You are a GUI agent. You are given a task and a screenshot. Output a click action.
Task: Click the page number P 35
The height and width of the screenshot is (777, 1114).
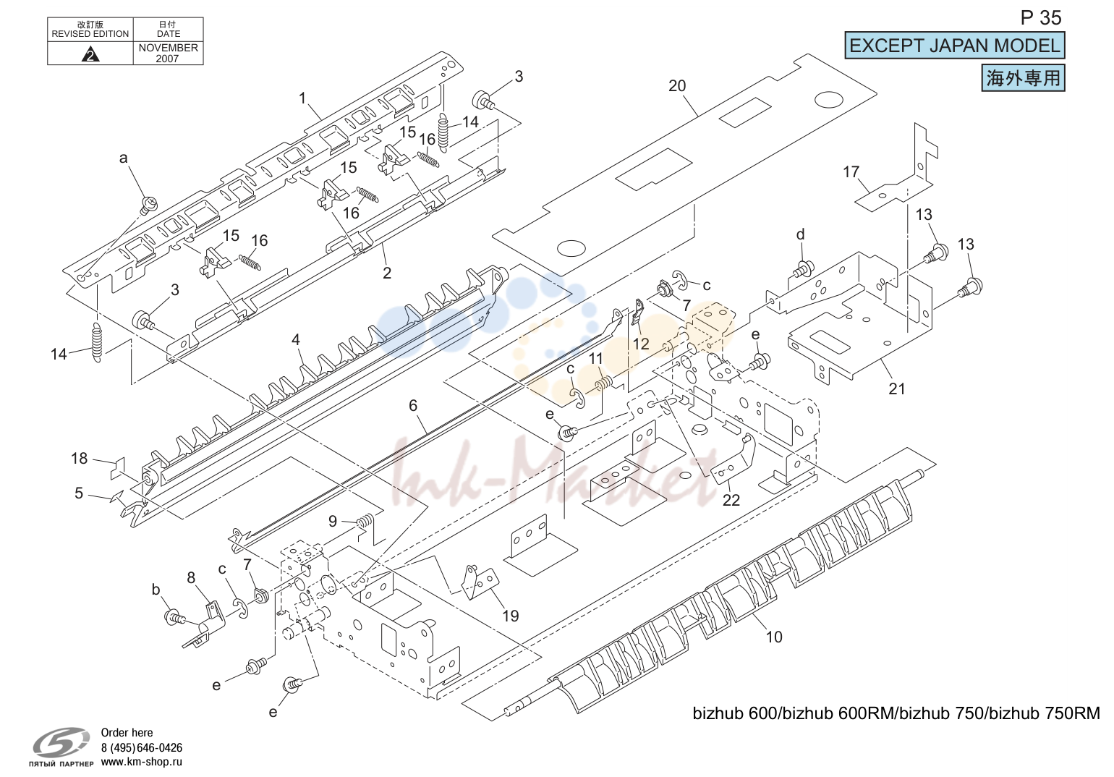[x=1040, y=18]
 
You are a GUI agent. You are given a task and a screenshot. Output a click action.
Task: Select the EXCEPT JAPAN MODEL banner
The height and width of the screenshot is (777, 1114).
[x=954, y=46]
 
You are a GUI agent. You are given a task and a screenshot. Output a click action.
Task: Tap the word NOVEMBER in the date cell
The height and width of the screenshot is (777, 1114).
[x=168, y=48]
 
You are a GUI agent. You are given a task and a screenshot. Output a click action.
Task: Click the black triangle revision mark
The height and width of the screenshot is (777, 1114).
[x=90, y=54]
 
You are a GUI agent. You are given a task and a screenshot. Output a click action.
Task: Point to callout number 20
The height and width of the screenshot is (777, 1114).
[x=677, y=86]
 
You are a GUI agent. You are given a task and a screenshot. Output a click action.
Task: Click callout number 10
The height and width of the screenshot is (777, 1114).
[x=774, y=637]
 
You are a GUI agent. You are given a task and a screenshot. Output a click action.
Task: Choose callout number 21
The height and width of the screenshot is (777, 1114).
[x=897, y=388]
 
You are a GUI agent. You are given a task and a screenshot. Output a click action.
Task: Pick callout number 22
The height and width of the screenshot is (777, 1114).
[x=731, y=500]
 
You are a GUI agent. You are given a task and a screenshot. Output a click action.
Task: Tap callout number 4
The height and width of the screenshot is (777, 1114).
[x=296, y=340]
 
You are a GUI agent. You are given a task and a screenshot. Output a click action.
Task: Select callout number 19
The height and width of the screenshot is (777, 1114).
[x=510, y=616]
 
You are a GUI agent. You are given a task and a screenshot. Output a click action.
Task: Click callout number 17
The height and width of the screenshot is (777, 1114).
[x=851, y=172]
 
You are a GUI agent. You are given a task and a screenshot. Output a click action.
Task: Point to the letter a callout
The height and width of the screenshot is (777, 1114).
[x=123, y=158]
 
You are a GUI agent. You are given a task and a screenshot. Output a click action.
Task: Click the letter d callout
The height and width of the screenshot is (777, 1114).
[x=800, y=234]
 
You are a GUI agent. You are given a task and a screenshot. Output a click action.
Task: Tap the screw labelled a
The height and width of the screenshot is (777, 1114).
[x=149, y=205]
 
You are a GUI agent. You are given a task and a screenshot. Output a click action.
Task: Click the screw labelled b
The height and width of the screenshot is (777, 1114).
[x=174, y=617]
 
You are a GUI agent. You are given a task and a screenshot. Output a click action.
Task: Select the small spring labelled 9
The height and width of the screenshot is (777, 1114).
[x=365, y=521]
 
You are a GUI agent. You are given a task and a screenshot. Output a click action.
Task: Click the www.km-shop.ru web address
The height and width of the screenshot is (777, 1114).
[x=142, y=762]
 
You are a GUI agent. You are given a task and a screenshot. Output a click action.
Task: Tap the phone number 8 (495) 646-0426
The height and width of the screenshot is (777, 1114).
[x=142, y=747]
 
